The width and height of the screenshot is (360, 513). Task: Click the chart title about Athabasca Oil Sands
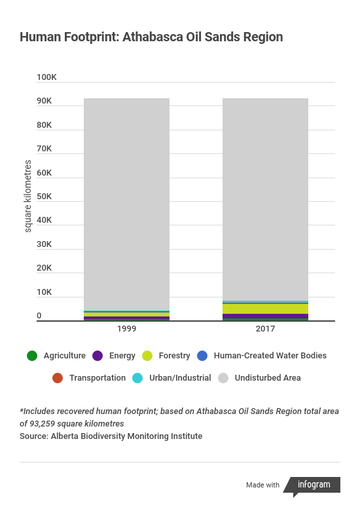point(151,37)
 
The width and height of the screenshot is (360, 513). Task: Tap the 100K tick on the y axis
point(46,77)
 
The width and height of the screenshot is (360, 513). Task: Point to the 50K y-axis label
point(44,197)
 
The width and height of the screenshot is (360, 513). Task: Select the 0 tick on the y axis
point(39,316)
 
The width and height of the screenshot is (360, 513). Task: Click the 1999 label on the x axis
point(126,329)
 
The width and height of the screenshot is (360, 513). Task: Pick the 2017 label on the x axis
point(265,329)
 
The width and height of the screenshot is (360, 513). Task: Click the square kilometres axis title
point(28,196)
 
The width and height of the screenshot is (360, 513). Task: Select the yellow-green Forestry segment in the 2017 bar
point(265,309)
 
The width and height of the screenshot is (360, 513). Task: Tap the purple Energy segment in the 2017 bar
point(265,316)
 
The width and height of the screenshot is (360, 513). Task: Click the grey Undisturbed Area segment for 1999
point(126,204)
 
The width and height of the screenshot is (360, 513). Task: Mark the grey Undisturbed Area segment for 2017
point(265,200)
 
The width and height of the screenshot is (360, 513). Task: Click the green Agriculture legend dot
point(32,356)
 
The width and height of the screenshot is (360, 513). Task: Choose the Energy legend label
point(122,356)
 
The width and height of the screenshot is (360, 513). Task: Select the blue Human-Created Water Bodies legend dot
point(202,356)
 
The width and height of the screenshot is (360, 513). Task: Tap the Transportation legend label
point(98,378)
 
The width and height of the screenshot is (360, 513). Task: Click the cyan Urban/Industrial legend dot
point(137,378)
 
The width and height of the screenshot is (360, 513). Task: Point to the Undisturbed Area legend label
point(268,378)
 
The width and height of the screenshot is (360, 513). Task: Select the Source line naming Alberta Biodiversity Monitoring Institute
point(111,436)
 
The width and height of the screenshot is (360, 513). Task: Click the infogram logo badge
point(312,485)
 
